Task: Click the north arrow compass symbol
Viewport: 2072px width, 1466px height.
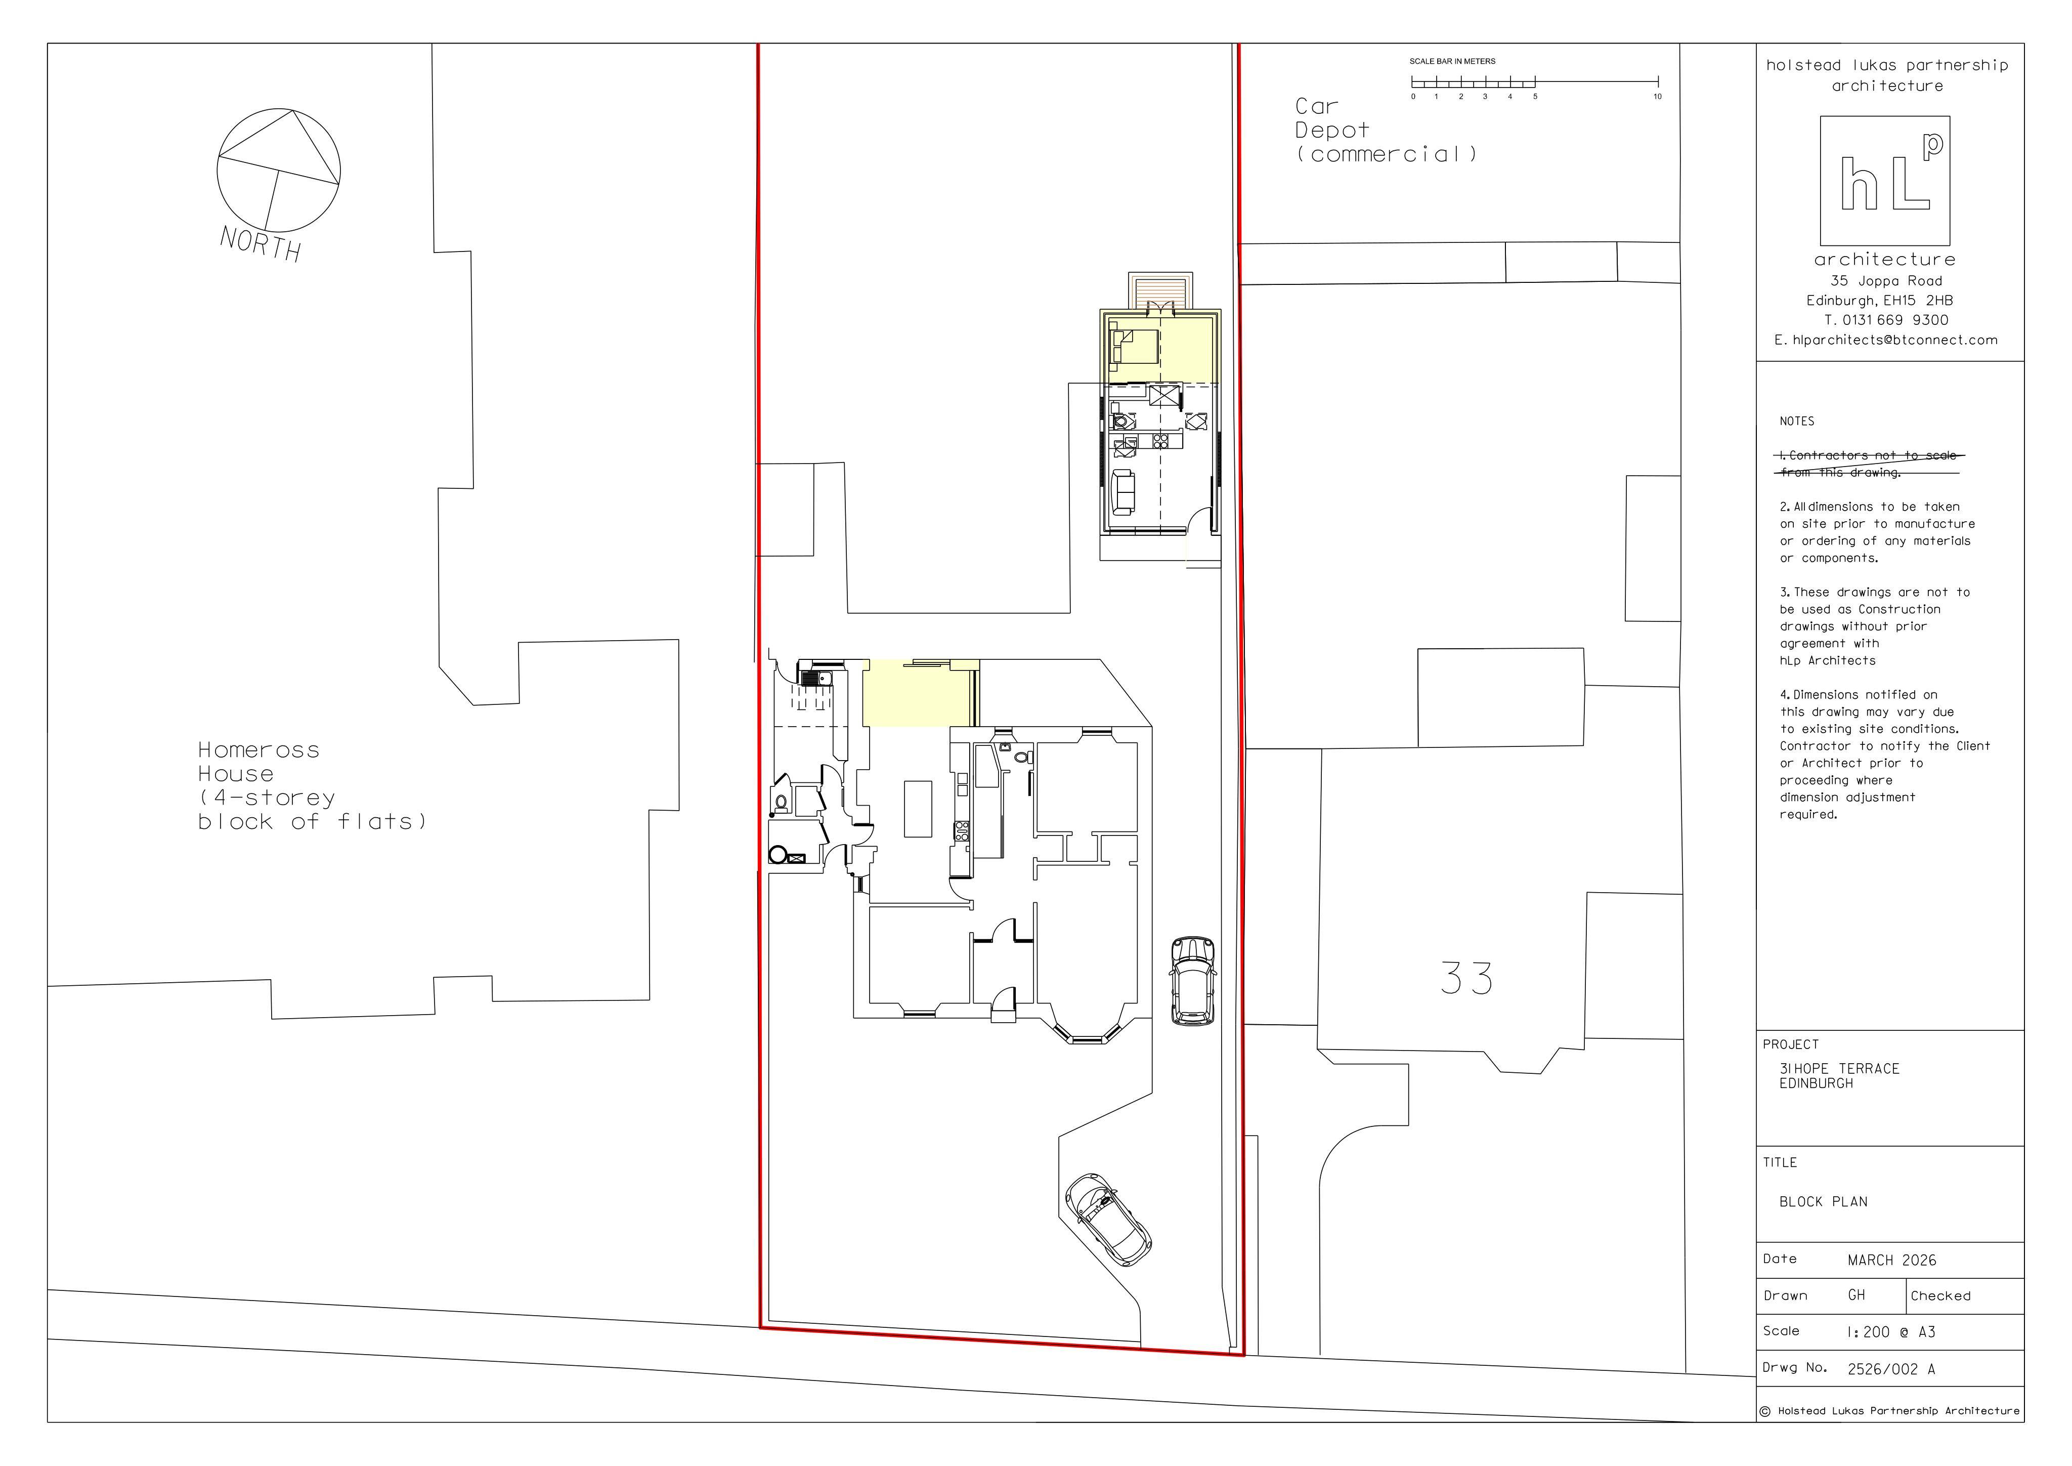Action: pos(279,170)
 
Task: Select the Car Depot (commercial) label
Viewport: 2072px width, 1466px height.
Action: pos(1386,130)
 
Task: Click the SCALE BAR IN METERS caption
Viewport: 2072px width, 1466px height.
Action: pos(1452,61)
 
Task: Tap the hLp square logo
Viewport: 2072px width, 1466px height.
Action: pos(1884,181)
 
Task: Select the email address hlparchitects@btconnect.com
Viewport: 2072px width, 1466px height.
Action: pos(1895,341)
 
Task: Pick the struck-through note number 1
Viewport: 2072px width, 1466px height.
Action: pos(1868,464)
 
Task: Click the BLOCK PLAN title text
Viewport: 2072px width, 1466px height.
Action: pos(1823,1201)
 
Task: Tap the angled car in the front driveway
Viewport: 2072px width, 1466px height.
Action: pos(1107,1220)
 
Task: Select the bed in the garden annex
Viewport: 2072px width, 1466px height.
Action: pos(1134,347)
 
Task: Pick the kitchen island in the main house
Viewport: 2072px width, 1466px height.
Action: pos(918,809)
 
